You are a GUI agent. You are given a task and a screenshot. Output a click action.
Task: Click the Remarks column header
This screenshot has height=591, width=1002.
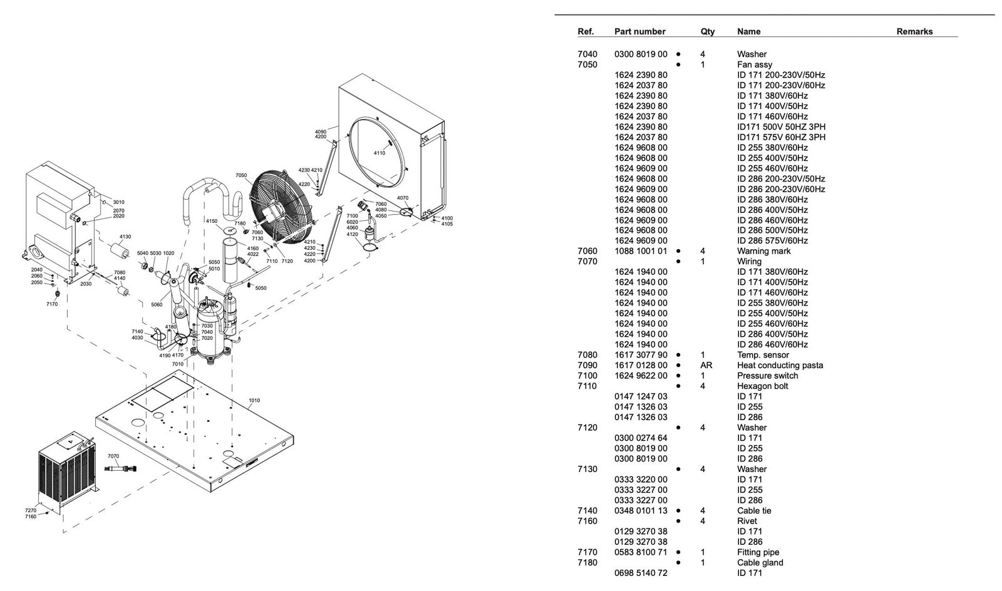[914, 31]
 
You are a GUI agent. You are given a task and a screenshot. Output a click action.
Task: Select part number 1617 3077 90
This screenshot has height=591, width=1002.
[641, 355]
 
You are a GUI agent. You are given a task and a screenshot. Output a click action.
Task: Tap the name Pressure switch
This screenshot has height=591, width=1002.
[767, 376]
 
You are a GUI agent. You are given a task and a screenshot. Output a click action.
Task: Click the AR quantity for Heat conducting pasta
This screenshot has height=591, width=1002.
[706, 365]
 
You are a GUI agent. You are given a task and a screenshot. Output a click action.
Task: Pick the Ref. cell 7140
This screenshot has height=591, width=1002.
[587, 511]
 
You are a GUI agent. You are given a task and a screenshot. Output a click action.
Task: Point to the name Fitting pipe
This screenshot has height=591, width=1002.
[758, 552]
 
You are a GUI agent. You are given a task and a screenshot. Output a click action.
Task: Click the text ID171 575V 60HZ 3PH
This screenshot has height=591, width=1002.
[781, 137]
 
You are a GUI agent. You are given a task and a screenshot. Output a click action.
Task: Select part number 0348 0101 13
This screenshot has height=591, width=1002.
[641, 511]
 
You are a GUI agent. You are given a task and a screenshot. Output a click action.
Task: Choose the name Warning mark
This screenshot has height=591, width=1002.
[763, 251]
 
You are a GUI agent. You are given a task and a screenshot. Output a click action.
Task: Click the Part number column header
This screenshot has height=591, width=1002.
[639, 31]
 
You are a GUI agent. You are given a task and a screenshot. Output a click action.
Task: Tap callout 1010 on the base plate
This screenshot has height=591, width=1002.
[254, 401]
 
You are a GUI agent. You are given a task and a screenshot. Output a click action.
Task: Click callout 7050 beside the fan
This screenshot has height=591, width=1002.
[241, 175]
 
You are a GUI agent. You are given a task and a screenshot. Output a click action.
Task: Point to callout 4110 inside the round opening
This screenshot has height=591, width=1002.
[380, 153]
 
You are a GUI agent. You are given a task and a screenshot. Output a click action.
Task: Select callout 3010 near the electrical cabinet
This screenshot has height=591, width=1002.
[118, 202]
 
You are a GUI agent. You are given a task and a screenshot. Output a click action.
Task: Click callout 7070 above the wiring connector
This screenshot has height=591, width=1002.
[113, 456]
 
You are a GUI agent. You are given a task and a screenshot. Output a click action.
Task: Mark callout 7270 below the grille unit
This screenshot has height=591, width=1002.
[31, 510]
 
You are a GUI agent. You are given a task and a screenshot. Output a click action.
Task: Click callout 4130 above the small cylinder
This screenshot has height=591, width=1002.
[125, 237]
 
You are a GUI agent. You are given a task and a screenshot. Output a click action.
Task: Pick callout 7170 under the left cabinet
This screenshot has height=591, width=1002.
[52, 304]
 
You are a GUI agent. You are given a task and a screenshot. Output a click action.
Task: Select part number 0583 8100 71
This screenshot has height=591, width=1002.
[641, 552]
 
